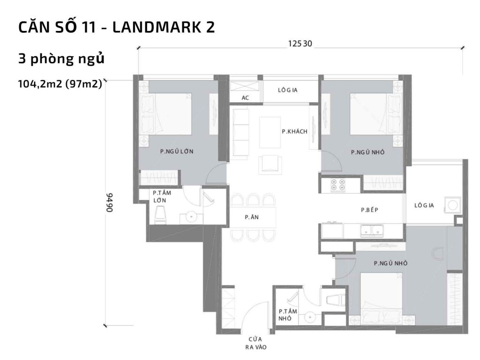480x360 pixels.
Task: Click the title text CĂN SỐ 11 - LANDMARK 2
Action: pyautogui.click(x=117, y=27)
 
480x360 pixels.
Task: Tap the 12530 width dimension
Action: pyautogui.click(x=300, y=44)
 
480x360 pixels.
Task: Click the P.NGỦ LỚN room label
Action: pyautogui.click(x=177, y=151)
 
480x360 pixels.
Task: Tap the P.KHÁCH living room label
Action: pyautogui.click(x=294, y=132)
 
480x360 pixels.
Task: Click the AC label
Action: pyautogui.click(x=245, y=98)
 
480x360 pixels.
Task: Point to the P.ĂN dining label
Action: pyautogui.click(x=249, y=217)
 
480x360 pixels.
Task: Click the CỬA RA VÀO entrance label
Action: pyautogui.click(x=255, y=343)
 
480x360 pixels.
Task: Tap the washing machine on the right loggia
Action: pyautogui.click(x=453, y=205)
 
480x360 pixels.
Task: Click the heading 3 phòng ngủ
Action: pyautogui.click(x=61, y=60)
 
